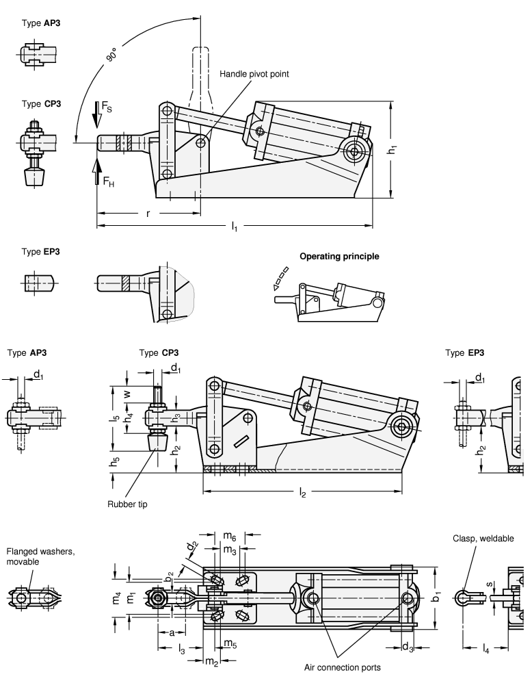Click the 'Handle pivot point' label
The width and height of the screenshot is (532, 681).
click(x=254, y=74)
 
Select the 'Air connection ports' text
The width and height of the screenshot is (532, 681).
click(x=343, y=667)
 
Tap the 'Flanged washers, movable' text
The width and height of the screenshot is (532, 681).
click(x=31, y=555)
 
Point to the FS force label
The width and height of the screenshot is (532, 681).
click(x=107, y=109)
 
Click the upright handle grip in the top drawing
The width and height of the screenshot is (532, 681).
click(x=204, y=75)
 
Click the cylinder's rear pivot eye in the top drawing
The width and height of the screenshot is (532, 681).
click(x=354, y=150)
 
